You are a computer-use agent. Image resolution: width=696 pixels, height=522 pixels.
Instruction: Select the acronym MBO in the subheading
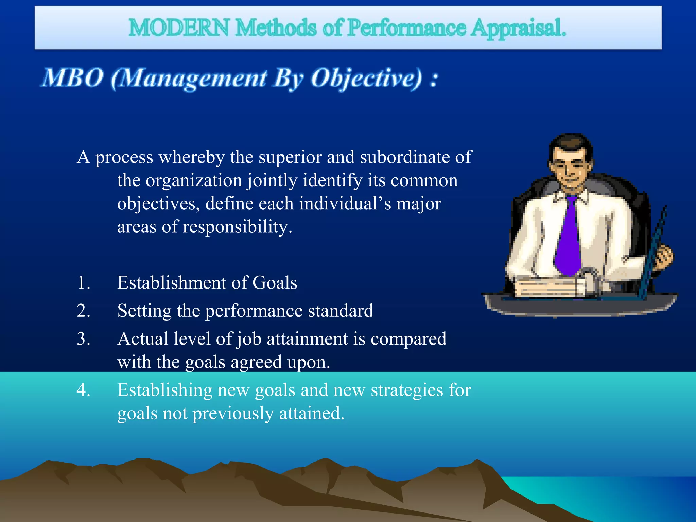click(x=72, y=78)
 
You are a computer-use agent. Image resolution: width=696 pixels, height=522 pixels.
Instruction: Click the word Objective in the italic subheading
click(x=367, y=79)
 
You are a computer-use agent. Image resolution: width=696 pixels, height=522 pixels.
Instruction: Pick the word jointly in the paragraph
click(x=272, y=181)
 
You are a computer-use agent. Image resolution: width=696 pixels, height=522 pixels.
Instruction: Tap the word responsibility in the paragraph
click(x=237, y=227)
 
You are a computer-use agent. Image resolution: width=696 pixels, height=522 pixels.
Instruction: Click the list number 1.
click(x=83, y=283)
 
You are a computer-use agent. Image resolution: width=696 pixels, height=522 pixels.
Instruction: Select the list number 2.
click(x=83, y=311)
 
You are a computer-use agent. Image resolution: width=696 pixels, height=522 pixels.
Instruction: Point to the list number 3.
click(x=83, y=339)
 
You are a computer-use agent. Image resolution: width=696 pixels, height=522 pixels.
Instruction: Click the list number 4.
click(x=83, y=390)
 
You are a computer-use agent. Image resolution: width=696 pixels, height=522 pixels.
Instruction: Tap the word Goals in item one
click(x=275, y=283)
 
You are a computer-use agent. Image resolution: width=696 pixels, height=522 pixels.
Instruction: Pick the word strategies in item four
click(x=406, y=390)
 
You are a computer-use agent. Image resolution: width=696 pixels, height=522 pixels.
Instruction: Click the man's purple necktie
click(x=568, y=238)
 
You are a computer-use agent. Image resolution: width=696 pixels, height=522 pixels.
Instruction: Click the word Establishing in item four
click(x=164, y=390)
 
